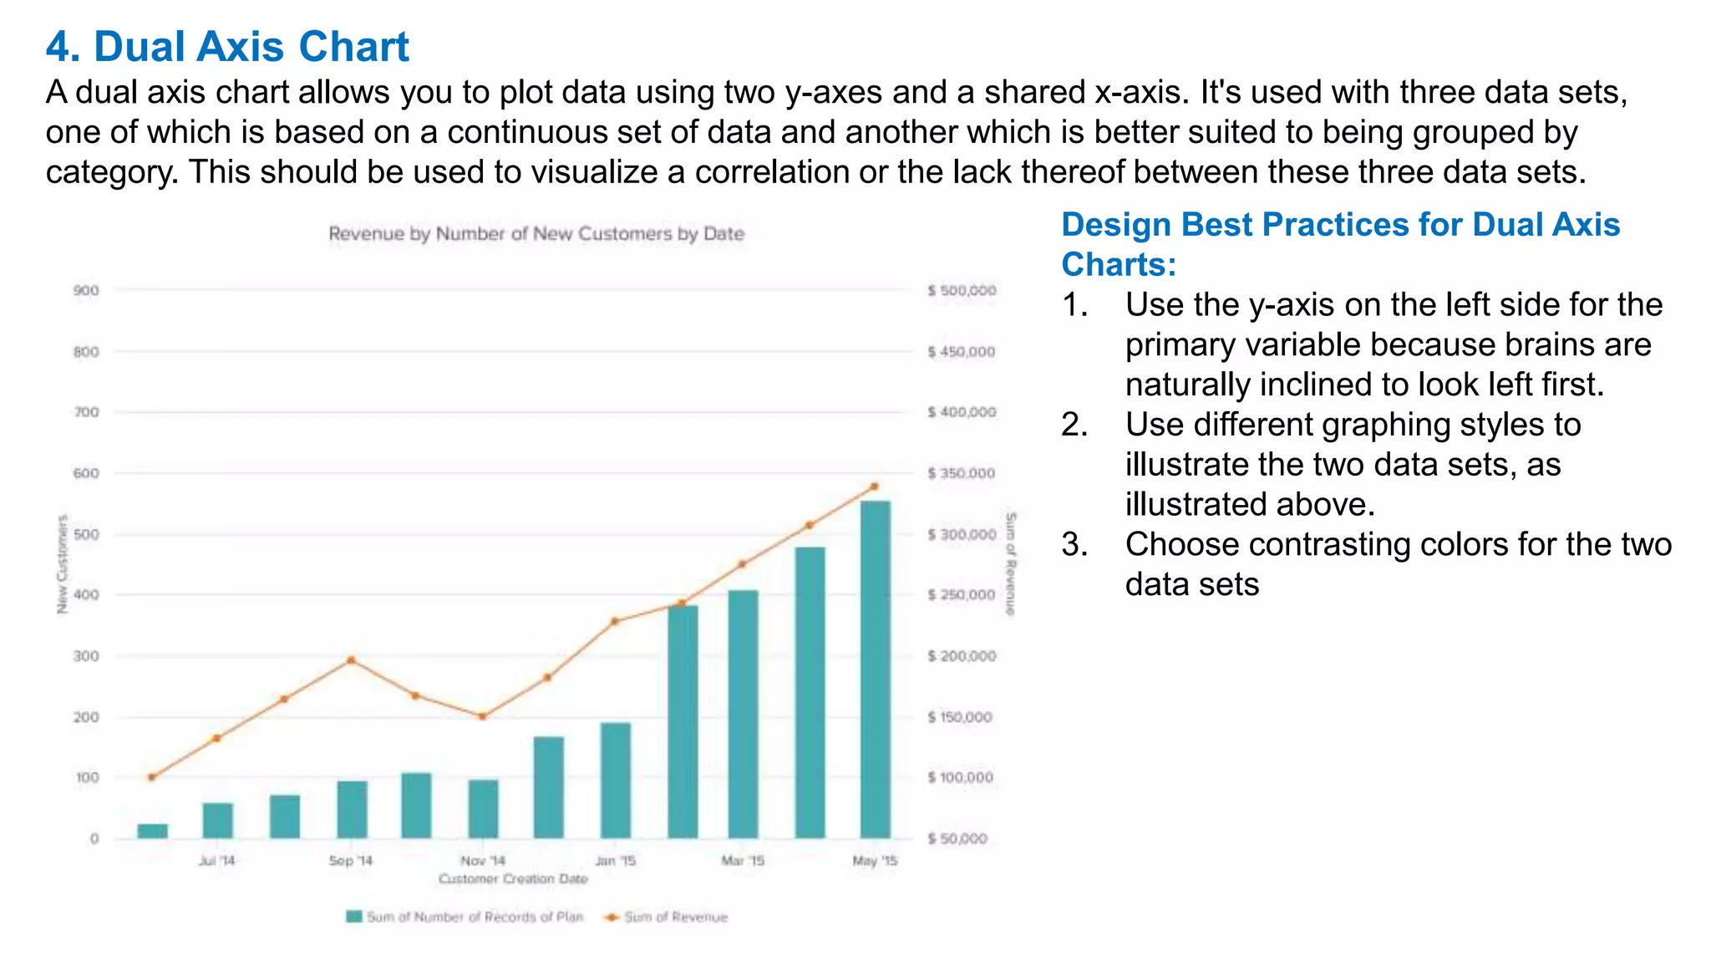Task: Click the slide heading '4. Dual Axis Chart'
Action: (x=227, y=46)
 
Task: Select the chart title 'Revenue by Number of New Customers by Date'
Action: (x=536, y=234)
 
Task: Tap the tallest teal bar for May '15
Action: (x=875, y=669)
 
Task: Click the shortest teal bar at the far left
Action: (x=152, y=831)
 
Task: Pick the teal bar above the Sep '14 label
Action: (x=352, y=809)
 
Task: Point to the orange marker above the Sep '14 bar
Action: (x=351, y=660)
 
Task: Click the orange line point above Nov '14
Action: (x=482, y=716)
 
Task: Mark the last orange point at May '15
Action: (x=875, y=486)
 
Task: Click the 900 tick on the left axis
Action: (x=86, y=291)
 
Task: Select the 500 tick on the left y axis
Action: (x=86, y=534)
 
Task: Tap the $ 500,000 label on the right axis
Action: (x=962, y=291)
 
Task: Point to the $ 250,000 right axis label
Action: (x=962, y=595)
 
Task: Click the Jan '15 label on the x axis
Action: (x=616, y=860)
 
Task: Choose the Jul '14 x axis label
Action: (x=217, y=860)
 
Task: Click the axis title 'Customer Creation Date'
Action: (x=513, y=879)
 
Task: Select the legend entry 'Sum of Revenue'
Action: (x=676, y=917)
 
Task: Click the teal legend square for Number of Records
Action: (x=354, y=917)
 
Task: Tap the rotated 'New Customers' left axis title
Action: (x=62, y=564)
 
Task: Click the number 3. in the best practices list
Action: (x=1074, y=544)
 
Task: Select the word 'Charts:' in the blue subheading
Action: (x=1118, y=265)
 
